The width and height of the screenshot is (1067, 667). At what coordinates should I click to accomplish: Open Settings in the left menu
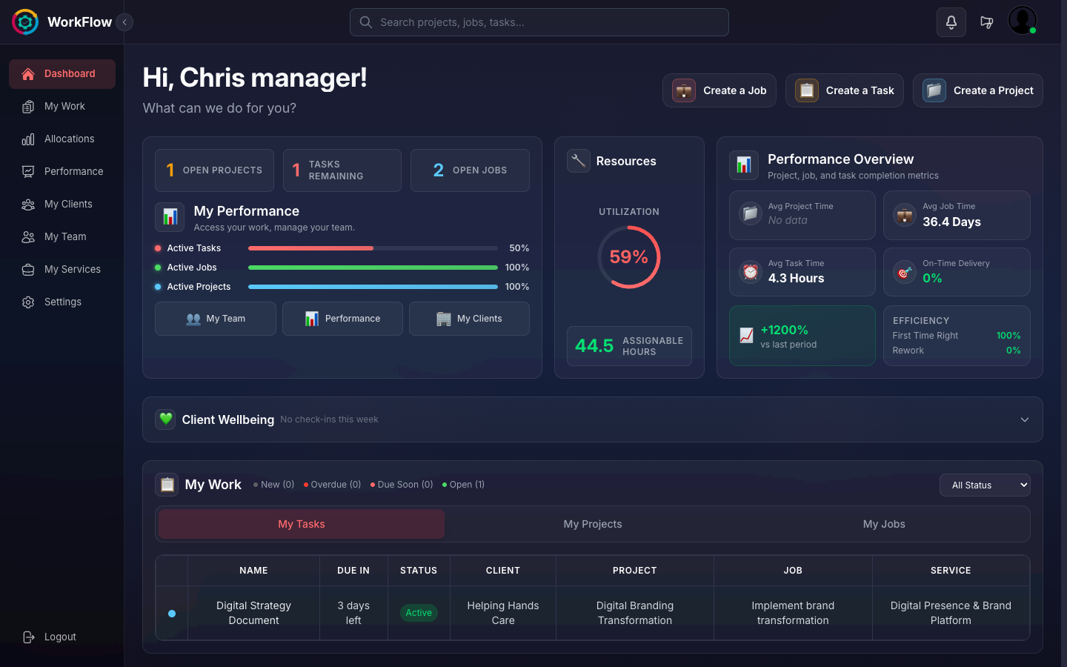(62, 302)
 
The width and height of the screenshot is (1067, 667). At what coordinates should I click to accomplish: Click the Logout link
(59, 637)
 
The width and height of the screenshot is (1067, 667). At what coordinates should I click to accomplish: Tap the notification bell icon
(951, 22)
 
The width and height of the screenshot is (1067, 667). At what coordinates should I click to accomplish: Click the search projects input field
(539, 22)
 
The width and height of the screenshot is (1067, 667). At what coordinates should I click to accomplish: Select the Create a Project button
(977, 90)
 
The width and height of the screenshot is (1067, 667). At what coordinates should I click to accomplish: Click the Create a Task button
(845, 90)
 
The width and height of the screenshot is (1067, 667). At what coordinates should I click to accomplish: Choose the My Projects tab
(593, 524)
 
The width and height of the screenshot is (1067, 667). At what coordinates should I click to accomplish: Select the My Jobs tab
(884, 524)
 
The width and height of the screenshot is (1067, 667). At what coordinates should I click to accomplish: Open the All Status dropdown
(985, 485)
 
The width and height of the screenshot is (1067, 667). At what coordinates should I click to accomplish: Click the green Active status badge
(419, 613)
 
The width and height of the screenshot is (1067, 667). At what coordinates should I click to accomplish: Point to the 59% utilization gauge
(629, 257)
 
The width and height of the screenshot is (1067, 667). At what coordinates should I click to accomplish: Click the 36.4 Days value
(951, 222)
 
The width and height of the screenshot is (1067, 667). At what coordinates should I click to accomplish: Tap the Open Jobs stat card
(470, 170)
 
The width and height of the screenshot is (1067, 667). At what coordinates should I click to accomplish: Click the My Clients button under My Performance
(469, 319)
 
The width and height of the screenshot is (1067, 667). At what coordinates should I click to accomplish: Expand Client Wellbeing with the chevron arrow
(1025, 419)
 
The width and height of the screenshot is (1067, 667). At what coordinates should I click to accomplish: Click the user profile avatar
(1023, 21)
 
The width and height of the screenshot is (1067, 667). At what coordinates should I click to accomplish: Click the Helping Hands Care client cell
(503, 613)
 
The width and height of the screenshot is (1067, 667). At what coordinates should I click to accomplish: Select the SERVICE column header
(951, 571)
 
